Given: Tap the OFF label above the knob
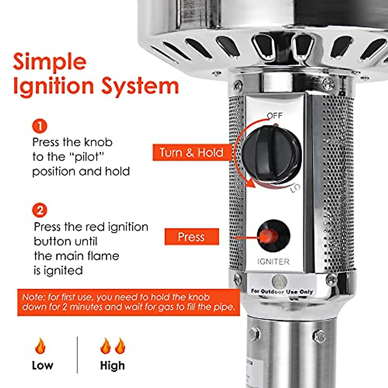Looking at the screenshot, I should click(275, 116).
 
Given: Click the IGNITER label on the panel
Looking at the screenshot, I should click(273, 262).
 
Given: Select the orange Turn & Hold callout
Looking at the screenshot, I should click(191, 152).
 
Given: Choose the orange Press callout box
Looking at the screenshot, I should click(191, 237).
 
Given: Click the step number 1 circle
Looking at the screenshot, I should click(40, 126).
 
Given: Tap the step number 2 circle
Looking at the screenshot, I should click(40, 210).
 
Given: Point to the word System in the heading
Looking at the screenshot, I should click(140, 86).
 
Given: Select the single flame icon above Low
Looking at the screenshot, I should click(40, 346).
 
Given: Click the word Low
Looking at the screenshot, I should click(42, 365).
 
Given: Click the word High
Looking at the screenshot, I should click(112, 365).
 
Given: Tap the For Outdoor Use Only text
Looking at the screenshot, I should click(282, 291).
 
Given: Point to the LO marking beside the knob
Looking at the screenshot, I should click(295, 188).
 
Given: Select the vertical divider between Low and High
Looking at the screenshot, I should click(77, 355).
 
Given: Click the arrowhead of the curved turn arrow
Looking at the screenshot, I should click(251, 184).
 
